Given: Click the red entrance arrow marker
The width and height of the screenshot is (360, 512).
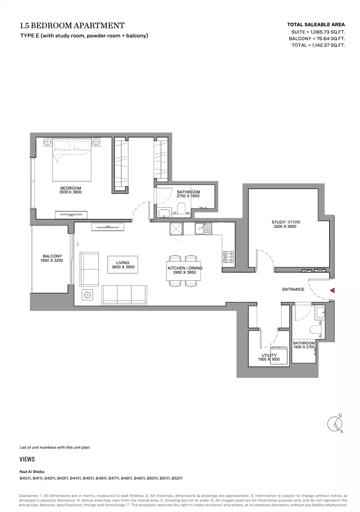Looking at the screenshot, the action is click(332, 290).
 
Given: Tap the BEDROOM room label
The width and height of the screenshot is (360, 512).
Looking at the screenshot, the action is click(71, 188).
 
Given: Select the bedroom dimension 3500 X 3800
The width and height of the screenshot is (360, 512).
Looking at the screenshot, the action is click(70, 192).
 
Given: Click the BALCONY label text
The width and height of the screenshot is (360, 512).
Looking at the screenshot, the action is click(53, 256).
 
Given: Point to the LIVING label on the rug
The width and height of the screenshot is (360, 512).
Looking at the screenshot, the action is click(123, 263).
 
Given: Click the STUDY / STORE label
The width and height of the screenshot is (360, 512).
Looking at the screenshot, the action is click(286, 222).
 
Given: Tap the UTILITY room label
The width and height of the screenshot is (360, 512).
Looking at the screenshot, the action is click(269, 355).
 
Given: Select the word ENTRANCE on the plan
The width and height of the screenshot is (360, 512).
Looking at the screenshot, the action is click(293, 289).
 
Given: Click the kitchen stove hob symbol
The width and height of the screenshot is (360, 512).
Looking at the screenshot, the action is click(228, 257).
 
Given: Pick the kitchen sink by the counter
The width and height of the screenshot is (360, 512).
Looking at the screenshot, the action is click(203, 229).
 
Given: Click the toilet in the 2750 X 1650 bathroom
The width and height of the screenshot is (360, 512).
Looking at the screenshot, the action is click(182, 209).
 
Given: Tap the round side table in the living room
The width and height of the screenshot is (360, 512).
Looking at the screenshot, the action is click(87, 295).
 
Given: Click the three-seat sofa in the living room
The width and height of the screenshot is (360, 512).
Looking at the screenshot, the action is click(124, 295).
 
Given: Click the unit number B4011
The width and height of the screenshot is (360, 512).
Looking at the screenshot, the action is click(25, 478).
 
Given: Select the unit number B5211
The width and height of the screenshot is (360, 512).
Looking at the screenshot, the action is click(177, 478).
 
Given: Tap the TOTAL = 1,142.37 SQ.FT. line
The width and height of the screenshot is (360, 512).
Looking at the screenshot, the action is click(318, 45).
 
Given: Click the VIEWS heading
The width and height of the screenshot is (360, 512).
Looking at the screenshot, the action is click(27, 459).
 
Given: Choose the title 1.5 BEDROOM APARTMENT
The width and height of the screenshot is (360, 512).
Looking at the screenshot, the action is click(72, 25).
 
